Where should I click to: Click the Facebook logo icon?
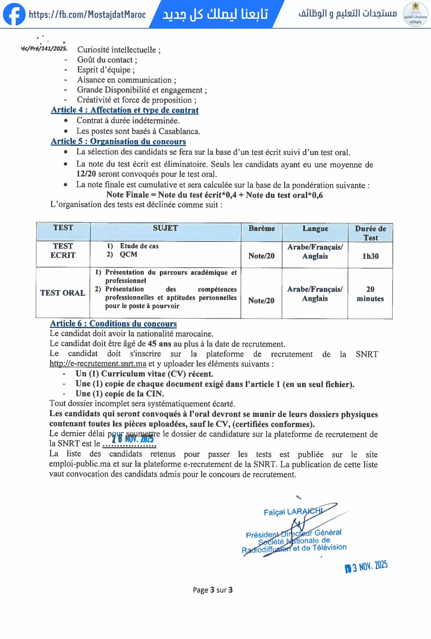pyautogui.click(x=14, y=14)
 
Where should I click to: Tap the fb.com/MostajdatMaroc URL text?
pyautogui.click(x=87, y=14)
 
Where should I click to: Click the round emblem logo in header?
pyautogui.click(x=415, y=14)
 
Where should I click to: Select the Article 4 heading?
pyautogui.click(x=125, y=110)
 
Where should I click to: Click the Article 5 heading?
pyautogui.click(x=118, y=141)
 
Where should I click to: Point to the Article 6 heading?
pyautogui.click(x=113, y=324)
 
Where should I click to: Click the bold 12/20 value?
pyautogui.click(x=86, y=174)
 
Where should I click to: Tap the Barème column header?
pyautogui.click(x=262, y=229)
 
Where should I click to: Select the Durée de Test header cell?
pyautogui.click(x=370, y=233)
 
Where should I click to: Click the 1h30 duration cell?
pyautogui.click(x=370, y=256)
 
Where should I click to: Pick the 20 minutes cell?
pyautogui.click(x=370, y=294)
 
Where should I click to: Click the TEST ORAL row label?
pyautogui.click(x=63, y=293)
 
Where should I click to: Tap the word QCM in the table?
pyautogui.click(x=128, y=254)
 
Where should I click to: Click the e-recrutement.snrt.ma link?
pyautogui.click(x=98, y=363)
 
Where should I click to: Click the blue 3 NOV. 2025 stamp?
pyautogui.click(x=366, y=566)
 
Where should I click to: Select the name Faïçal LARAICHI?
pyautogui.click(x=293, y=512)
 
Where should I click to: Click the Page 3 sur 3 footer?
pyautogui.click(x=213, y=590)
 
